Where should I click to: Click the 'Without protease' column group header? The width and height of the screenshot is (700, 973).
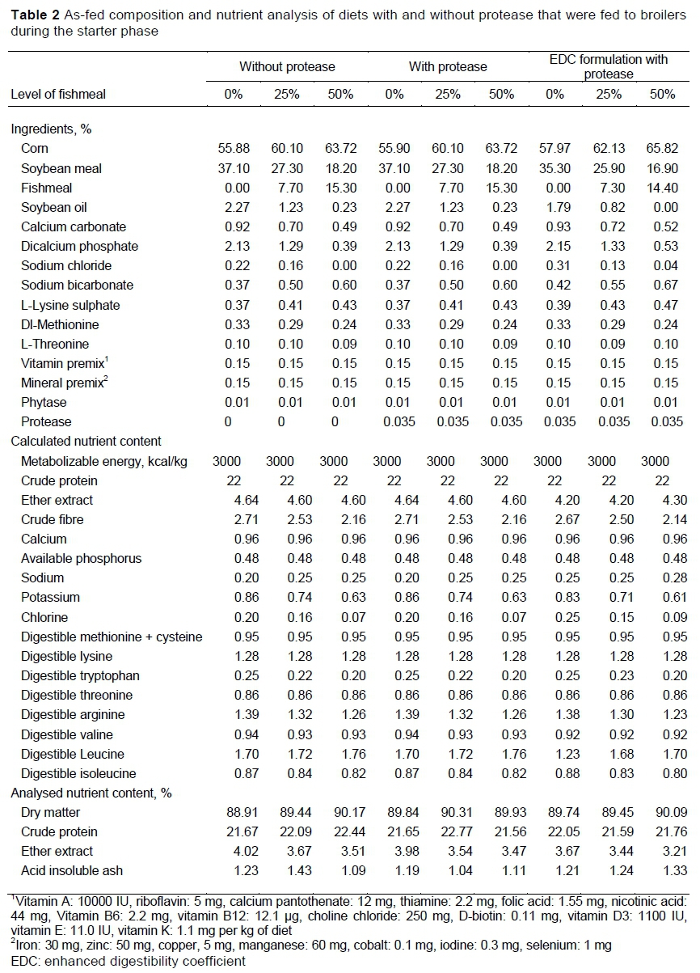[x=286, y=66]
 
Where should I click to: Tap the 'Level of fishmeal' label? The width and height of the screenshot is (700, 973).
[x=58, y=94]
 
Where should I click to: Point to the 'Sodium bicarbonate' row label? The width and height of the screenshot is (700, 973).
[x=78, y=286]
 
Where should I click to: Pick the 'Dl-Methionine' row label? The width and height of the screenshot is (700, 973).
[x=61, y=324]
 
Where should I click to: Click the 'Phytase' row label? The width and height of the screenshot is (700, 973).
[x=44, y=402]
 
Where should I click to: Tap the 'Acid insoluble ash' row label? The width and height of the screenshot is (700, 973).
[x=74, y=870]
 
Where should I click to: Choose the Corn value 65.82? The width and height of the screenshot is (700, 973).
[x=662, y=150]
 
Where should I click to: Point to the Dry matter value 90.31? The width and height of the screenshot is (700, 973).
[x=448, y=812]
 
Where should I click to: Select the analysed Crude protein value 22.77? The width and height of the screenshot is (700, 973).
[x=448, y=831]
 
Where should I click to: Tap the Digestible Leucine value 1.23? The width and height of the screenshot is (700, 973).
[x=555, y=754]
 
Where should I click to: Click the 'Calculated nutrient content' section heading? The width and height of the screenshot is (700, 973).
[x=86, y=441]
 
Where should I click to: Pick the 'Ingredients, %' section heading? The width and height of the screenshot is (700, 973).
[x=51, y=129]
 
